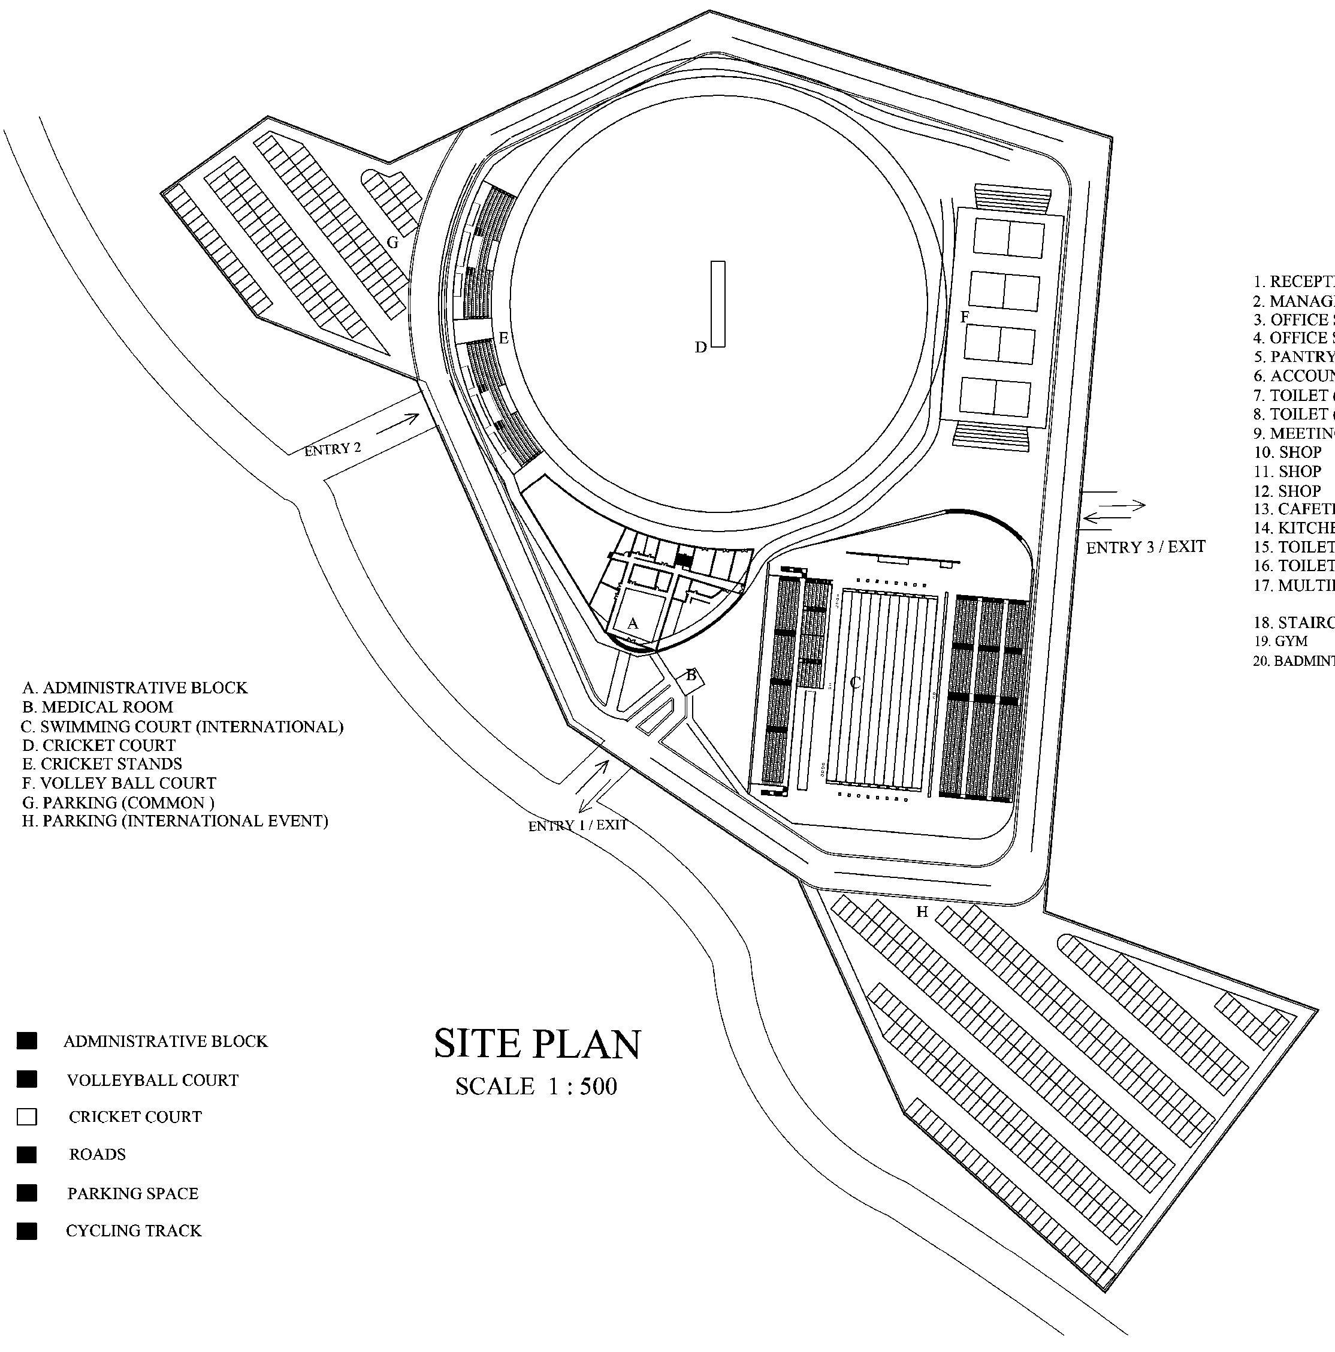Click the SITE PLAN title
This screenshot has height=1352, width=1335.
(537, 1045)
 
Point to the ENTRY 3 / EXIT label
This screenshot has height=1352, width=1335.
(1146, 547)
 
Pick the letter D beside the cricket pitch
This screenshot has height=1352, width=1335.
(700, 347)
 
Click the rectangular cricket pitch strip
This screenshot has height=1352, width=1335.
(718, 304)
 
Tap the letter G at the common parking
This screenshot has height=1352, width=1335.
(392, 243)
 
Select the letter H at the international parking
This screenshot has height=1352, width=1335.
(922, 912)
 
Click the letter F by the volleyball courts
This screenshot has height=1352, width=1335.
(964, 317)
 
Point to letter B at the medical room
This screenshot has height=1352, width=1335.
(691, 675)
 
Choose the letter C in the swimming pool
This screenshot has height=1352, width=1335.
(854, 683)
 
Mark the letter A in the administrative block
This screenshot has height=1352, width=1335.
(633, 623)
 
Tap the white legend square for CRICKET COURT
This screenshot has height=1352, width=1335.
(26, 1117)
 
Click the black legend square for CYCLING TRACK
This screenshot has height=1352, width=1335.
(26, 1231)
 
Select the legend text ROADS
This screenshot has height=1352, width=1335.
(97, 1155)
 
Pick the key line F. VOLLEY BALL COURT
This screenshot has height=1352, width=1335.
(119, 783)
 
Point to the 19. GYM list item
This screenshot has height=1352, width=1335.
(1281, 641)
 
